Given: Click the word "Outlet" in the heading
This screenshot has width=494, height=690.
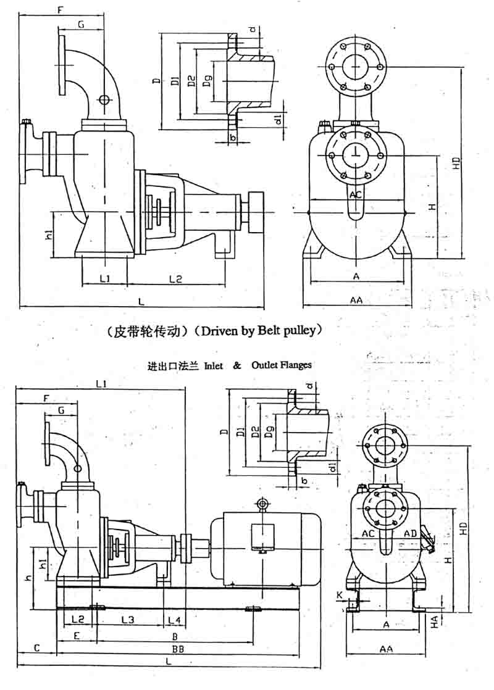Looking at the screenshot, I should click(264, 365).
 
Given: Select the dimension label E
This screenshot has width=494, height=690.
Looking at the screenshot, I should click(76, 635).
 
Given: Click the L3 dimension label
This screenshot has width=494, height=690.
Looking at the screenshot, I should click(128, 618).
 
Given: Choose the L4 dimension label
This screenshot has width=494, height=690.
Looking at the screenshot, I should click(174, 618).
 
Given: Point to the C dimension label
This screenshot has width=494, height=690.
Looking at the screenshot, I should click(36, 648).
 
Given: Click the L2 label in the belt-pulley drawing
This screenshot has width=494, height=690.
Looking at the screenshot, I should click(176, 279).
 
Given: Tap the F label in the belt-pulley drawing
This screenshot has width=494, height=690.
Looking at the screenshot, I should click(60, 10).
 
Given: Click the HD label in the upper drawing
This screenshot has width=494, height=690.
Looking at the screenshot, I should click(456, 163).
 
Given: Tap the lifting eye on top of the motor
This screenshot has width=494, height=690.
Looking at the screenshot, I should click(263, 505).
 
